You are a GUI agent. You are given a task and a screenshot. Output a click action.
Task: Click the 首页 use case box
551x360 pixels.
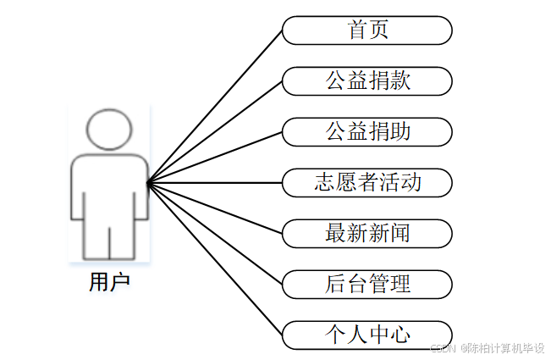[x=366, y=30]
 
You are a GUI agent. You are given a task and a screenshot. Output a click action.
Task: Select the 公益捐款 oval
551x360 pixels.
[x=366, y=81]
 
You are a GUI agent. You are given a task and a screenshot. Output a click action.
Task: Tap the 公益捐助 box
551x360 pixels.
[x=366, y=131]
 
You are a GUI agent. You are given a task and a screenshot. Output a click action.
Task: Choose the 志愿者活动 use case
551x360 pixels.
[x=366, y=182]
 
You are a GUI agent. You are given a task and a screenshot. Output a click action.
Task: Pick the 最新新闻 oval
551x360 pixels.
[x=366, y=232]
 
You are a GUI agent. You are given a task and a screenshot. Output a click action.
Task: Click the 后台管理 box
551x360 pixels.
[x=366, y=283]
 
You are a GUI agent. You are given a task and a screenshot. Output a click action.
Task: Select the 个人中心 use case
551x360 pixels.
[x=366, y=334]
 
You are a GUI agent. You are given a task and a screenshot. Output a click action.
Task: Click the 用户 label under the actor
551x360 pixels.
[x=109, y=281]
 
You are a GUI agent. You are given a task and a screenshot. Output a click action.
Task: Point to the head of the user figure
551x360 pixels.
[x=110, y=131]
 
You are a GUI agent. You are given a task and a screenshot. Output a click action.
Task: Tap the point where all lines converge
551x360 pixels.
[x=148, y=182]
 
